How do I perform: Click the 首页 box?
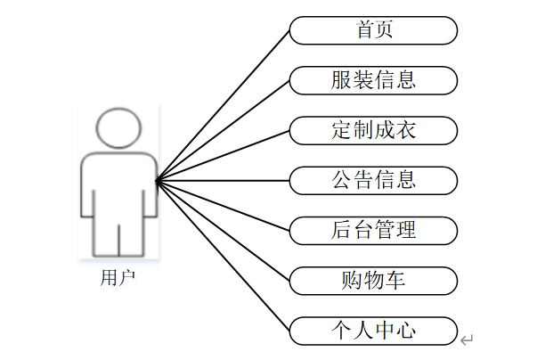tap(373, 30)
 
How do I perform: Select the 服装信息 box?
tap(373, 80)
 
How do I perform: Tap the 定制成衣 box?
tap(373, 130)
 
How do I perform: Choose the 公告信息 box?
tap(373, 180)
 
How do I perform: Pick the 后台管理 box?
tap(373, 230)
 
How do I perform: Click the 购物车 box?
tap(373, 281)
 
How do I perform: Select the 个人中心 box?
tap(373, 331)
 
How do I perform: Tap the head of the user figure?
tap(119, 130)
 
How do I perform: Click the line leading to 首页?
tap(223, 105)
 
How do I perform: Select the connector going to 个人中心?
tap(223, 255)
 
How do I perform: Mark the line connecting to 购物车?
tap(223, 230)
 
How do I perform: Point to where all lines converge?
tap(157, 181)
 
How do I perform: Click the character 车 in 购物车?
tap(397, 281)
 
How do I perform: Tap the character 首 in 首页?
tap(363, 30)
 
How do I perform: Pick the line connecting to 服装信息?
tap(223, 130)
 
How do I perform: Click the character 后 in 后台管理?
tap(341, 230)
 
